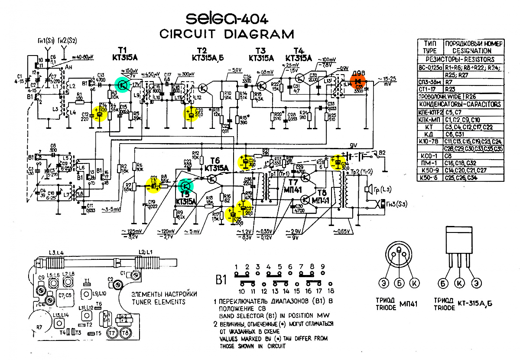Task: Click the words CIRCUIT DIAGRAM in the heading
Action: click(226, 34)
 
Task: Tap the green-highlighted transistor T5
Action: click(186, 187)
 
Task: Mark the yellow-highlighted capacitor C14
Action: click(101, 114)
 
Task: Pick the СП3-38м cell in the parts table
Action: click(429, 82)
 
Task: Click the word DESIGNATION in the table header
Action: click(473, 51)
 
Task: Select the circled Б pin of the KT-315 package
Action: click(442, 283)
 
